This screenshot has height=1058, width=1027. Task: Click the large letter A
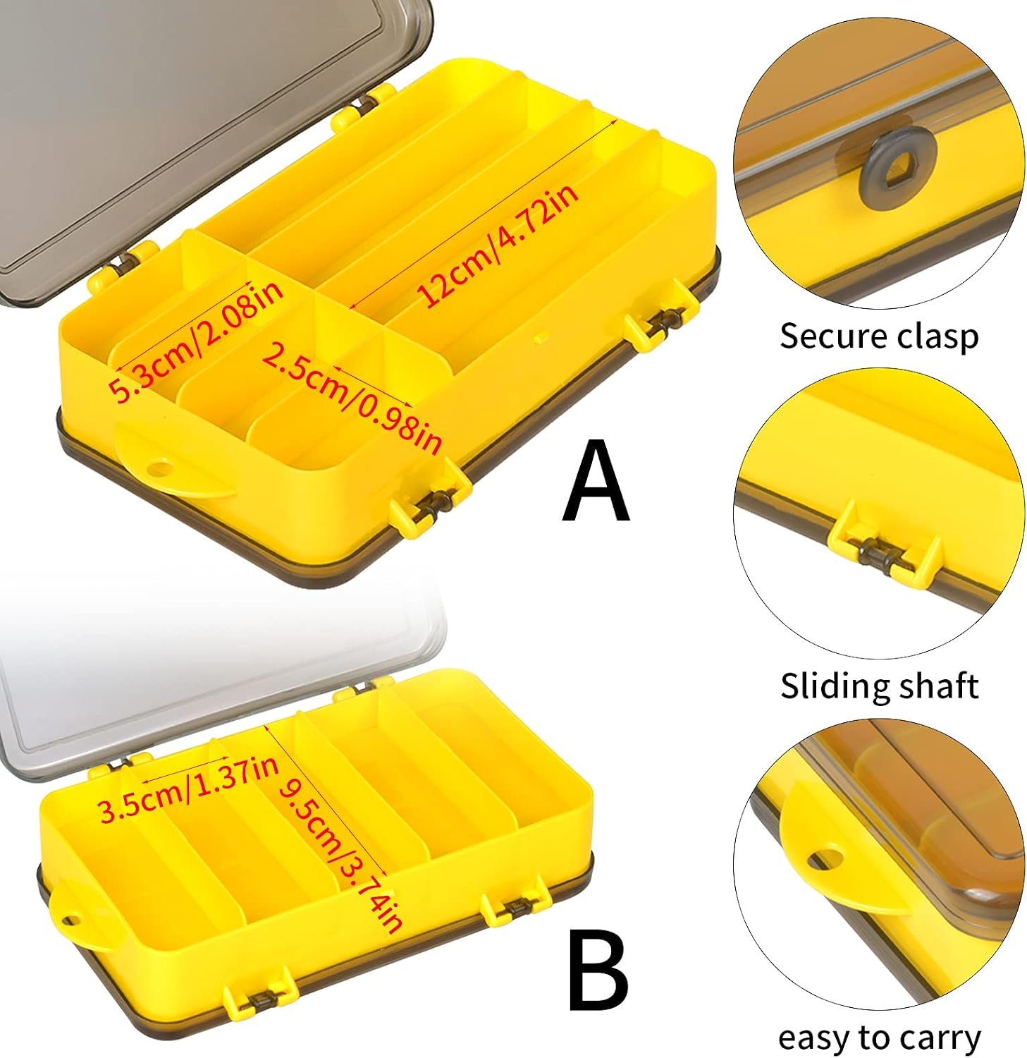(x=596, y=480)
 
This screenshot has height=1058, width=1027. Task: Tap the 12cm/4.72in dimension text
(x=499, y=244)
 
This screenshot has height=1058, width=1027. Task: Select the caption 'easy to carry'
(x=879, y=1038)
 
